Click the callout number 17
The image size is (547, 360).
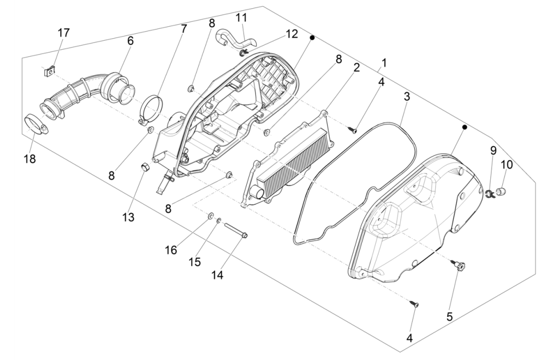[64, 33]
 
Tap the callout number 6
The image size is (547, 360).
[130, 40]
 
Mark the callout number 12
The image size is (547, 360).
[292, 34]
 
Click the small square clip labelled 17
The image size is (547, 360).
[50, 70]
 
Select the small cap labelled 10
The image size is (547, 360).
[503, 191]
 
